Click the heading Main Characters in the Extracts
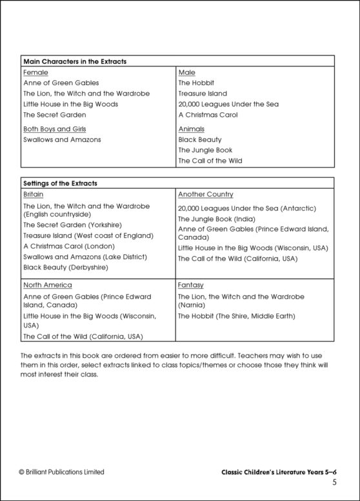[x=74, y=61]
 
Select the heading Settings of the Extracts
[x=60, y=183]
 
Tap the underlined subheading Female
[x=35, y=73]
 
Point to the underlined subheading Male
[x=186, y=73]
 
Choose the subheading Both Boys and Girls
[x=54, y=129]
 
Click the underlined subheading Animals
[x=191, y=129]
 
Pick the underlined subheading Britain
[x=34, y=194]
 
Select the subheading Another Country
[x=205, y=194]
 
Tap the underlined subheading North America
[x=47, y=284]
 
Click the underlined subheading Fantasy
[x=190, y=284]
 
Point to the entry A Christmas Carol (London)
[x=68, y=246]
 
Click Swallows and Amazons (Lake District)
[x=85, y=257]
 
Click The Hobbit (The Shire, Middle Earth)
[x=236, y=316]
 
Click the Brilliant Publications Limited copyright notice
[x=61, y=472]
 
